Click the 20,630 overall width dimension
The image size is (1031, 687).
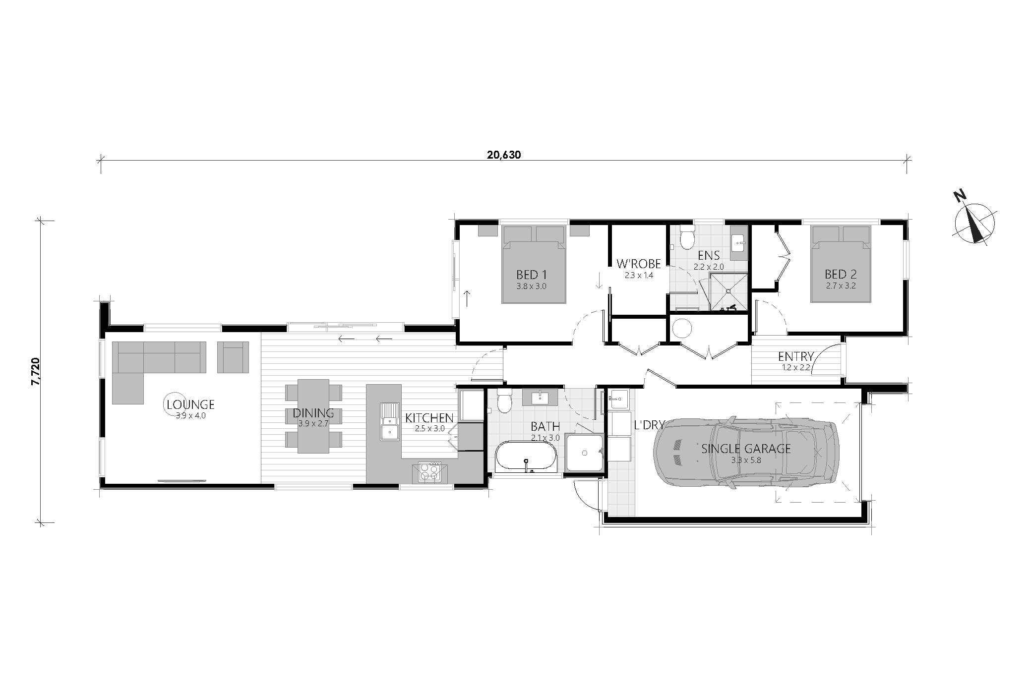click(x=504, y=155)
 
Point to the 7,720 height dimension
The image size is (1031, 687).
click(x=35, y=371)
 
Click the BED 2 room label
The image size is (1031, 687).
click(x=841, y=274)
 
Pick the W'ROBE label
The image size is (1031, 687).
click(x=639, y=264)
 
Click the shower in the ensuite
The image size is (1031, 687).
click(x=728, y=292)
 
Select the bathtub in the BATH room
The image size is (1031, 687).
click(x=526, y=456)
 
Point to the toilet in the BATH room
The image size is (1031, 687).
click(x=505, y=401)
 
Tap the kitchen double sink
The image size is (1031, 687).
click(x=389, y=421)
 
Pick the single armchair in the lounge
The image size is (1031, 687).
click(x=233, y=357)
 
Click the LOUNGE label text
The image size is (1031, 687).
click(x=190, y=404)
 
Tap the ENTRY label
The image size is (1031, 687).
click(x=796, y=356)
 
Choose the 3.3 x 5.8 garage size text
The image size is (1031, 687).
click(x=746, y=460)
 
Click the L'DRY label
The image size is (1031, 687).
click(x=649, y=425)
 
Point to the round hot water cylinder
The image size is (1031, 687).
click(x=681, y=328)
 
